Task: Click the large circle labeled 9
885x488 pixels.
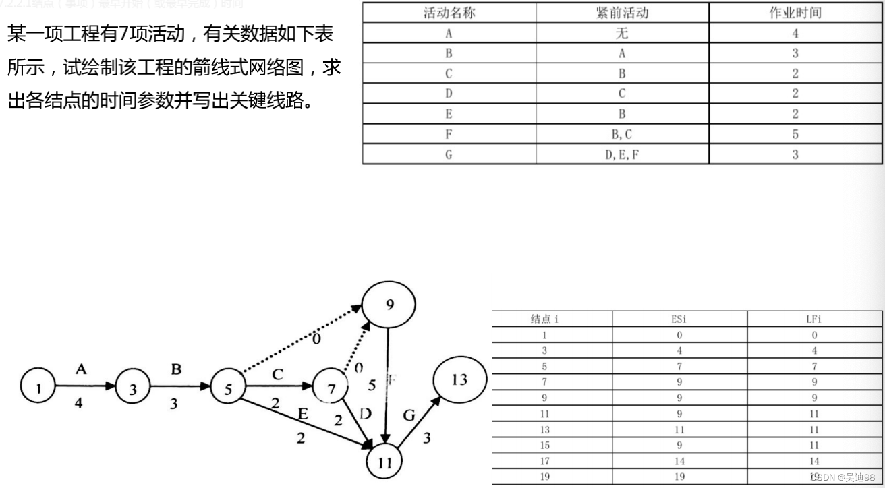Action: [x=390, y=304]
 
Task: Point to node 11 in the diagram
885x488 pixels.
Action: [x=384, y=462]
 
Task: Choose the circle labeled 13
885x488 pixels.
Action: [x=459, y=379]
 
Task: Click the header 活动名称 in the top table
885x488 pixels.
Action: [x=449, y=13]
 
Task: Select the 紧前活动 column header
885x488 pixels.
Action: [x=622, y=13]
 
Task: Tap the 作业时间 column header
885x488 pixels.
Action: [x=795, y=13]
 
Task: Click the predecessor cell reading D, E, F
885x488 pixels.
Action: [x=622, y=154]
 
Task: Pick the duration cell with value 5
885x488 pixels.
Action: [x=795, y=134]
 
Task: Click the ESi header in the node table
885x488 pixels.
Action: [x=679, y=319]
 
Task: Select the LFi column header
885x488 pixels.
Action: [x=814, y=319]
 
